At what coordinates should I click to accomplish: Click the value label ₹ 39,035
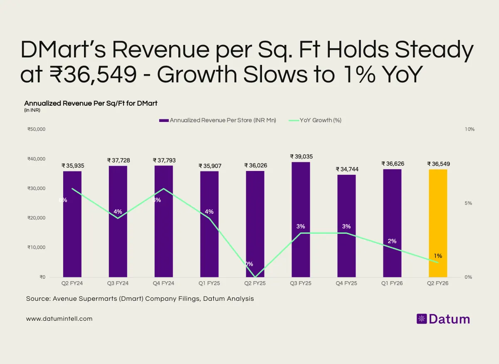pos(301,156)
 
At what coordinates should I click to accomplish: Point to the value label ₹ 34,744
pos(346,169)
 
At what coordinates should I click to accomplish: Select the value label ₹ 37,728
pos(118,161)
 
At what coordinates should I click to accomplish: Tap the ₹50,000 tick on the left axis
pos(36,129)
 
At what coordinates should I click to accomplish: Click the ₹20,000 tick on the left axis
pos(36,218)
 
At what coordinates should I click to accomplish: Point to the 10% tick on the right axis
pos(469,129)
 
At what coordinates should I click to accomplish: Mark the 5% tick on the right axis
pos(468,203)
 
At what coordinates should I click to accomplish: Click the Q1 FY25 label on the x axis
pos(209,283)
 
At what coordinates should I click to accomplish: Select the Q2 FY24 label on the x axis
pos(72,283)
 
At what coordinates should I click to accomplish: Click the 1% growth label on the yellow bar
pos(438,256)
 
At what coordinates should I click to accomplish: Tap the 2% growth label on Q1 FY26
pos(392,241)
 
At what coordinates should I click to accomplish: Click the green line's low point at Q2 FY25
pos(255,277)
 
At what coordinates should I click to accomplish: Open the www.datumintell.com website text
pos(59,319)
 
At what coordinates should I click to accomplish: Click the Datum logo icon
pos(422,319)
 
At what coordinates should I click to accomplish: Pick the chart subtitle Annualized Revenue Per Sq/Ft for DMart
pos(91,103)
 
